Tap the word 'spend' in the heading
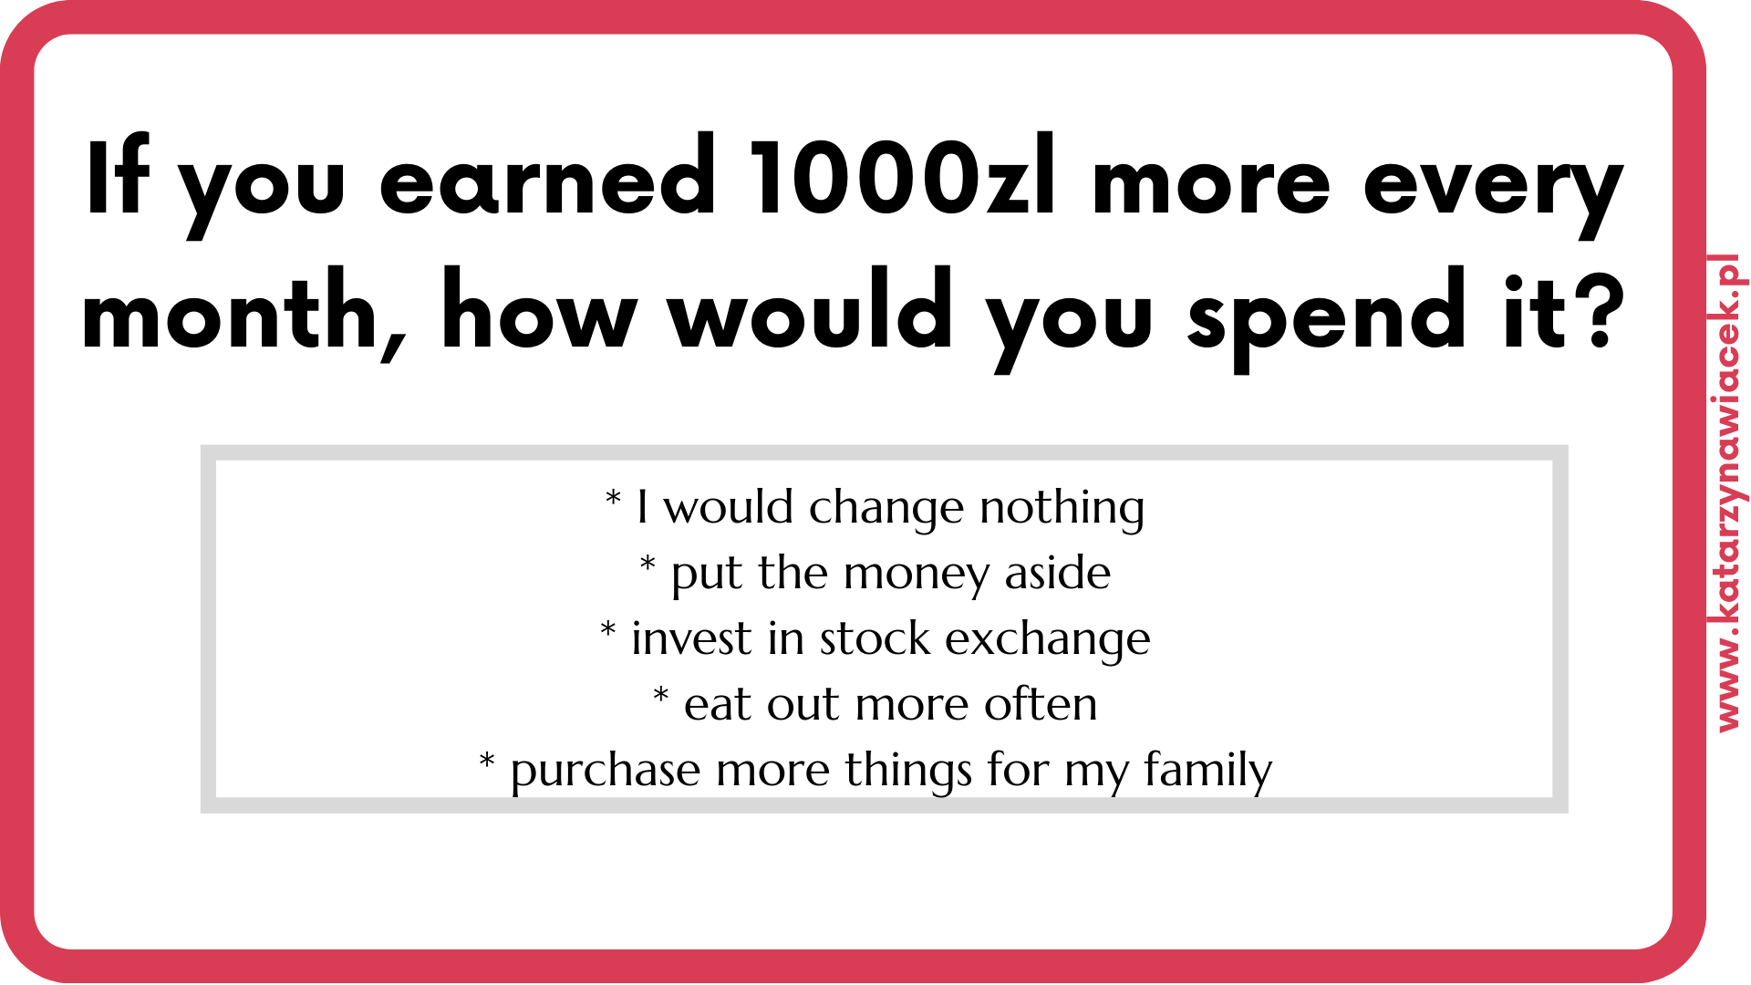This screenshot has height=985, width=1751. pos(1326,319)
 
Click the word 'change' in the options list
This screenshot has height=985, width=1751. pos(886,510)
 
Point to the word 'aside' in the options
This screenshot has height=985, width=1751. pos(1058,573)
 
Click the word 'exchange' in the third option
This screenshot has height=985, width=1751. pos(1048,639)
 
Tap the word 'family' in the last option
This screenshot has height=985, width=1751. pos(1207,772)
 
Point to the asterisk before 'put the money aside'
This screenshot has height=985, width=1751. pos(648,563)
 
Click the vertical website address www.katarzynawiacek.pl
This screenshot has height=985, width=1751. pos(1728,493)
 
